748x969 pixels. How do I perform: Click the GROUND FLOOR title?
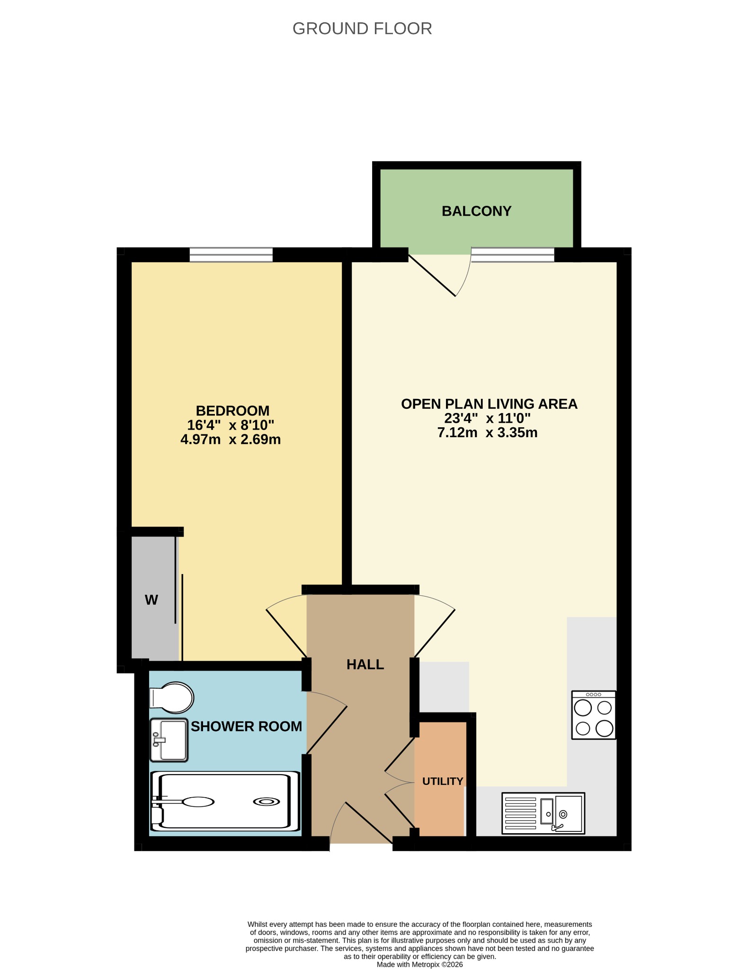tap(362, 29)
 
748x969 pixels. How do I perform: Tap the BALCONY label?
tap(476, 211)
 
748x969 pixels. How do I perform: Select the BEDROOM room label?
tap(232, 410)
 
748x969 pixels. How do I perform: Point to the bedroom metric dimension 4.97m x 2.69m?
tap(231, 440)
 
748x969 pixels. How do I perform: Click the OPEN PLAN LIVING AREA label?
tap(489, 404)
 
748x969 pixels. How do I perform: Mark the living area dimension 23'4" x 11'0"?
tap(487, 418)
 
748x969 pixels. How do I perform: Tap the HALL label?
tap(365, 665)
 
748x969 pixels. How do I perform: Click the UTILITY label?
tap(443, 781)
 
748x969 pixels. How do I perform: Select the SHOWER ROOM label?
tap(246, 726)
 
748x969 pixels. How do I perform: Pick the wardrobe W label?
tap(151, 600)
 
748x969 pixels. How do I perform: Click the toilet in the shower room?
tap(172, 697)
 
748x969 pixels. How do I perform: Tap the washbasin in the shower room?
tap(169, 740)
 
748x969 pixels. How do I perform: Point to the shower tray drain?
tap(266, 802)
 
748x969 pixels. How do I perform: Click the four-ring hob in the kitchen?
tap(594, 715)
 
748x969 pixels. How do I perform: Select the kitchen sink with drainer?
tap(543, 813)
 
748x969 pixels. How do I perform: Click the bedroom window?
tap(231, 255)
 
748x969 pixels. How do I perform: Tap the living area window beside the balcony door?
tap(513, 255)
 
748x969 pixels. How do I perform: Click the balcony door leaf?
tap(432, 275)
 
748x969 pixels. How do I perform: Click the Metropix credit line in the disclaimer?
tap(419, 964)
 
